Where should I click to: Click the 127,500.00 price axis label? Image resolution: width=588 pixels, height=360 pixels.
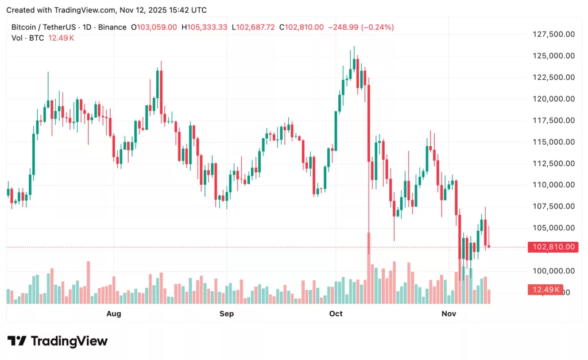553,34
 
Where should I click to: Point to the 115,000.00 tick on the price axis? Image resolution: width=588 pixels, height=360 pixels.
553,142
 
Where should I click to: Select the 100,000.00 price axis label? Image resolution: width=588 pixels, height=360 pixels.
553,271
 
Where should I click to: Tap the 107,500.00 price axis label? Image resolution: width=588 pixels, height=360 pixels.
553,206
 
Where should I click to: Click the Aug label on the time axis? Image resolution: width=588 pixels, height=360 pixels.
114,313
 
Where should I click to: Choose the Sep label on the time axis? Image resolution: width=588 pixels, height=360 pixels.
227,313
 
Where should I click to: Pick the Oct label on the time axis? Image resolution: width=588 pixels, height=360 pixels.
335,313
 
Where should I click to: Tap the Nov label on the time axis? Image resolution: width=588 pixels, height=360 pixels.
448,313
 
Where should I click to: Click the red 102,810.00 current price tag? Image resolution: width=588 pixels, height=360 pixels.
553,247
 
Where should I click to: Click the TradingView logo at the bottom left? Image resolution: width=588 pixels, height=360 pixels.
57,341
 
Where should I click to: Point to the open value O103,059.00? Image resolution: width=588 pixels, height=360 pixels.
154,27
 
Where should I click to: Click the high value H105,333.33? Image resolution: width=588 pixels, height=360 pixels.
204,27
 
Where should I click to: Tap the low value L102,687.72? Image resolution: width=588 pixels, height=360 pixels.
253,27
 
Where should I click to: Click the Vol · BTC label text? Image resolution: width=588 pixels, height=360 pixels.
29,38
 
